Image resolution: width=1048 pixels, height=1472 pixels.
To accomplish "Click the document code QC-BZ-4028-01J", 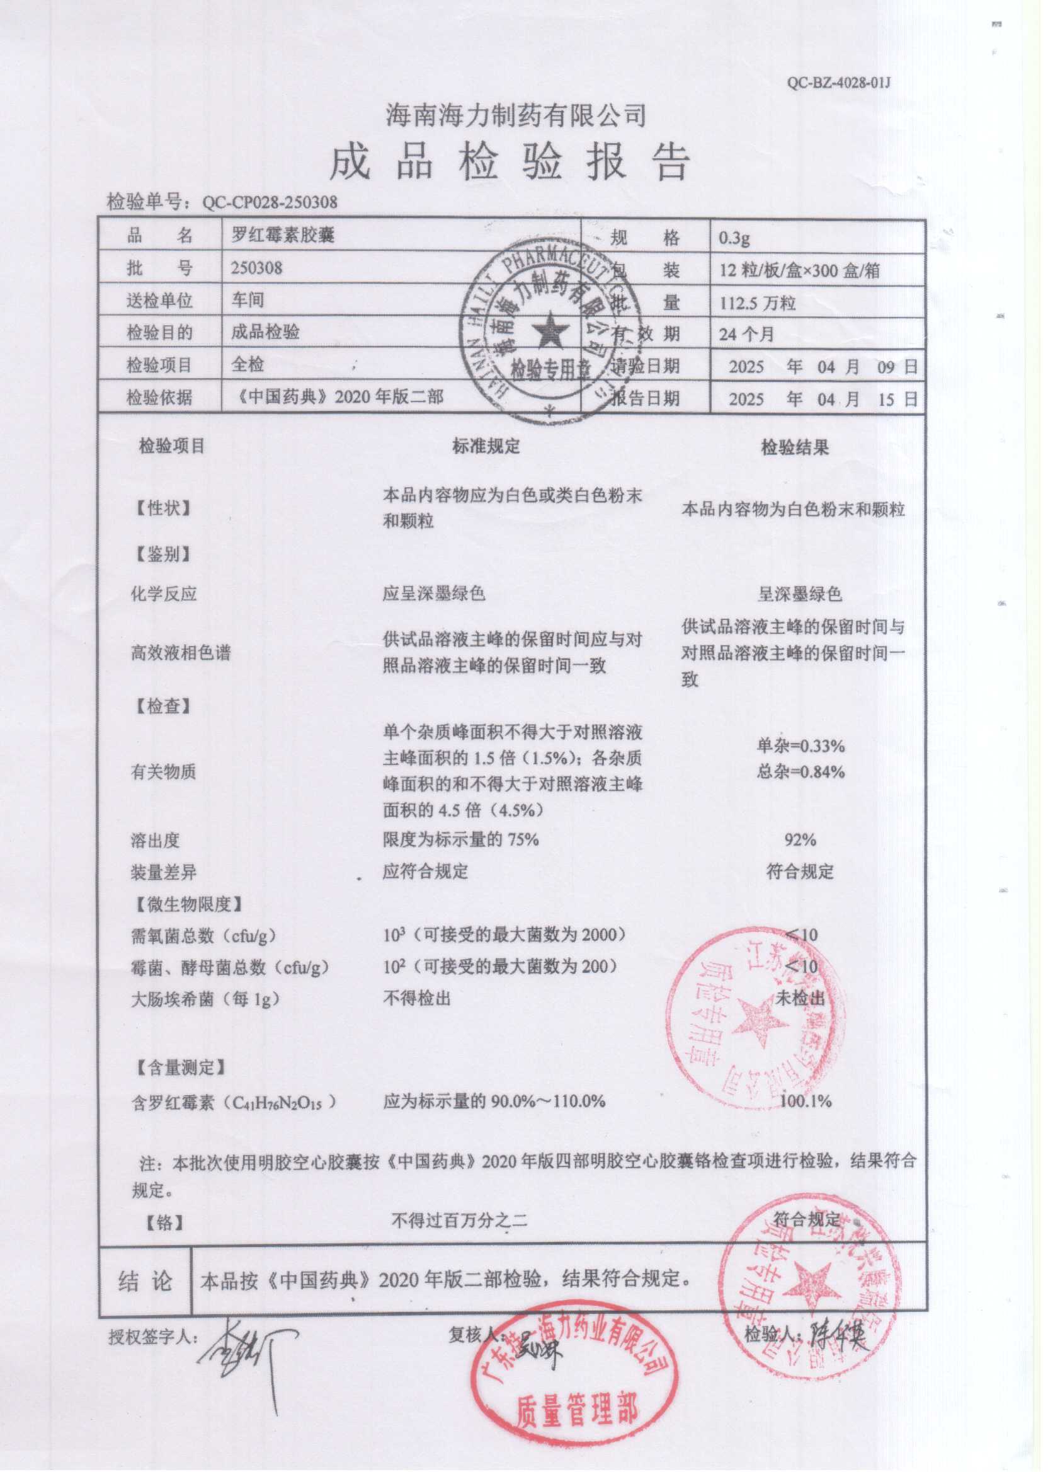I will point(838,83).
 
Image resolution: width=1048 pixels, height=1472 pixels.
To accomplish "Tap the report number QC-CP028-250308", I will point(270,202).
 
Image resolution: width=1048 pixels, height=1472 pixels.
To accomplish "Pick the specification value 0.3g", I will point(735,238).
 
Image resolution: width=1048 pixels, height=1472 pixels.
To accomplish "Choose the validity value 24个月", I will point(746,335).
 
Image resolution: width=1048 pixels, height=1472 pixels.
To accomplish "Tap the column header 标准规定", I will point(486,446).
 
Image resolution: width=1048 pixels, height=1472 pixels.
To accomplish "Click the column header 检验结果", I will point(795,447).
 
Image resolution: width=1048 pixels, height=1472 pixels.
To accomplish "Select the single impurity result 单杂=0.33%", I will point(801,746).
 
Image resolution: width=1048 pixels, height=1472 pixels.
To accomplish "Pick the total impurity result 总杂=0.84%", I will point(801,771).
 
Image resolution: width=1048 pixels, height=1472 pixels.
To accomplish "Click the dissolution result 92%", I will point(800,840).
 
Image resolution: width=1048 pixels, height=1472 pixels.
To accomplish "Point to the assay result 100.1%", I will point(806,1101).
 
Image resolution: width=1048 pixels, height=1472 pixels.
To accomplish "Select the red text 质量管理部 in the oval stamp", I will point(576,1410).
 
